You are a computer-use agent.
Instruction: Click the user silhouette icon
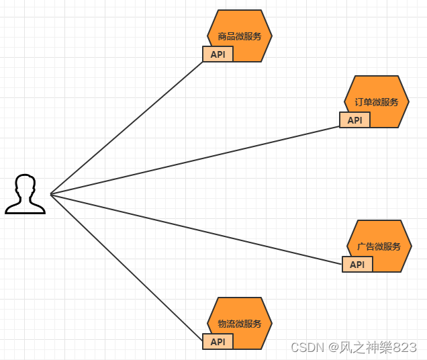[26, 195]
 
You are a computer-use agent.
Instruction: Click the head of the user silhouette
[26, 185]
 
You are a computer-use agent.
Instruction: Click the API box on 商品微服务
[218, 54]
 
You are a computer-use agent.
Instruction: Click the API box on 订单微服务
[354, 120]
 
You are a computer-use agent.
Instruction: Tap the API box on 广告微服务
[357, 265]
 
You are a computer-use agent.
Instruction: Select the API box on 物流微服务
[218, 342]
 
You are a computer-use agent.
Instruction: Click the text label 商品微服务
[240, 36]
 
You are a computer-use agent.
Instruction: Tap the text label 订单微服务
[377, 102]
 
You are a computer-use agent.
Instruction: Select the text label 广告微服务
[379, 246]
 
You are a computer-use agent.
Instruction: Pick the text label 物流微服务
[240, 324]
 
